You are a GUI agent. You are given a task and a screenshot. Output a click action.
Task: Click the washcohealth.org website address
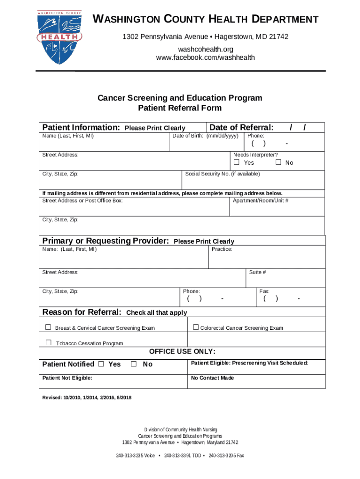[x=205, y=49]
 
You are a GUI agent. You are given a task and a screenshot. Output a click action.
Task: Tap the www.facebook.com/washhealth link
[x=205, y=58]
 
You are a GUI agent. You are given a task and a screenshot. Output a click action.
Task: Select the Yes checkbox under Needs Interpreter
[x=237, y=162]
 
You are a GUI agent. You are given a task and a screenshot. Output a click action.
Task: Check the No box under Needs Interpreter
[x=278, y=162]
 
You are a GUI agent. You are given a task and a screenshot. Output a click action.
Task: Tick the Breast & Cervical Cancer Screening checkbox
[x=48, y=327]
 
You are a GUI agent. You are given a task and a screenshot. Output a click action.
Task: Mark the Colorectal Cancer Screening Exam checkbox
[x=196, y=327]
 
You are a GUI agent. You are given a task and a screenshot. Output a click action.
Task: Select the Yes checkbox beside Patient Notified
[x=101, y=364]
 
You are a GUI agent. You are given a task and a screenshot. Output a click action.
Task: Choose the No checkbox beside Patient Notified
[x=134, y=364]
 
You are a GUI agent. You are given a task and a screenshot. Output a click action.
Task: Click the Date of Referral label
[x=241, y=128]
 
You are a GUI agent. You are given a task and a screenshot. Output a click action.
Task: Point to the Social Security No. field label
[x=223, y=174]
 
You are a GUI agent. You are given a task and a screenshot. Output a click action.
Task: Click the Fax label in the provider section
[x=264, y=291]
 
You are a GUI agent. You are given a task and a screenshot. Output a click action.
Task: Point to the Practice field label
[x=222, y=249]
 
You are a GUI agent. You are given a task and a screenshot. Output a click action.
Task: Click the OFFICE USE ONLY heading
[x=182, y=352]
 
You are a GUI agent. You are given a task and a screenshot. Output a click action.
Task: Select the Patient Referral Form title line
[x=180, y=108]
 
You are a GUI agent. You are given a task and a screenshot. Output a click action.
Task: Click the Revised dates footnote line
[x=87, y=398]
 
